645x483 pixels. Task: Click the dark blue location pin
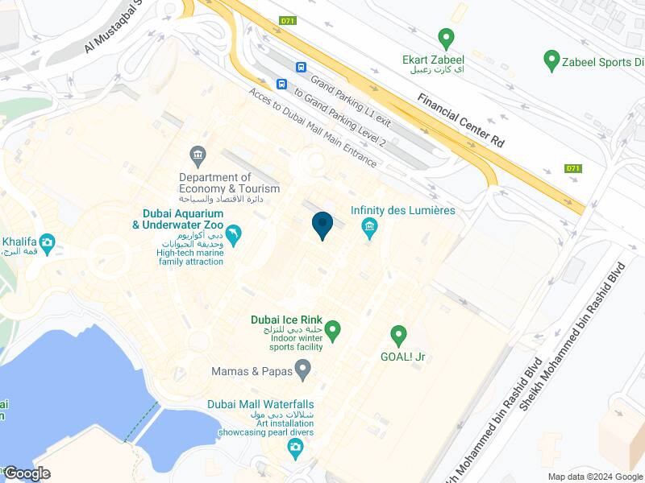(322, 224)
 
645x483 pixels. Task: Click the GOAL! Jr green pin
(397, 334)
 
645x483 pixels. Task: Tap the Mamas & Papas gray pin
(303, 370)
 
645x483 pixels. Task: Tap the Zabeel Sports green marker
(551, 60)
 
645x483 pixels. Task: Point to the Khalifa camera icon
(47, 242)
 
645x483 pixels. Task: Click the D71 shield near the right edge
(572, 168)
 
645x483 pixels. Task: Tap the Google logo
(27, 473)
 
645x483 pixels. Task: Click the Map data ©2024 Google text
(595, 477)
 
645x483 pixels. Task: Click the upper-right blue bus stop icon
(301, 68)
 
